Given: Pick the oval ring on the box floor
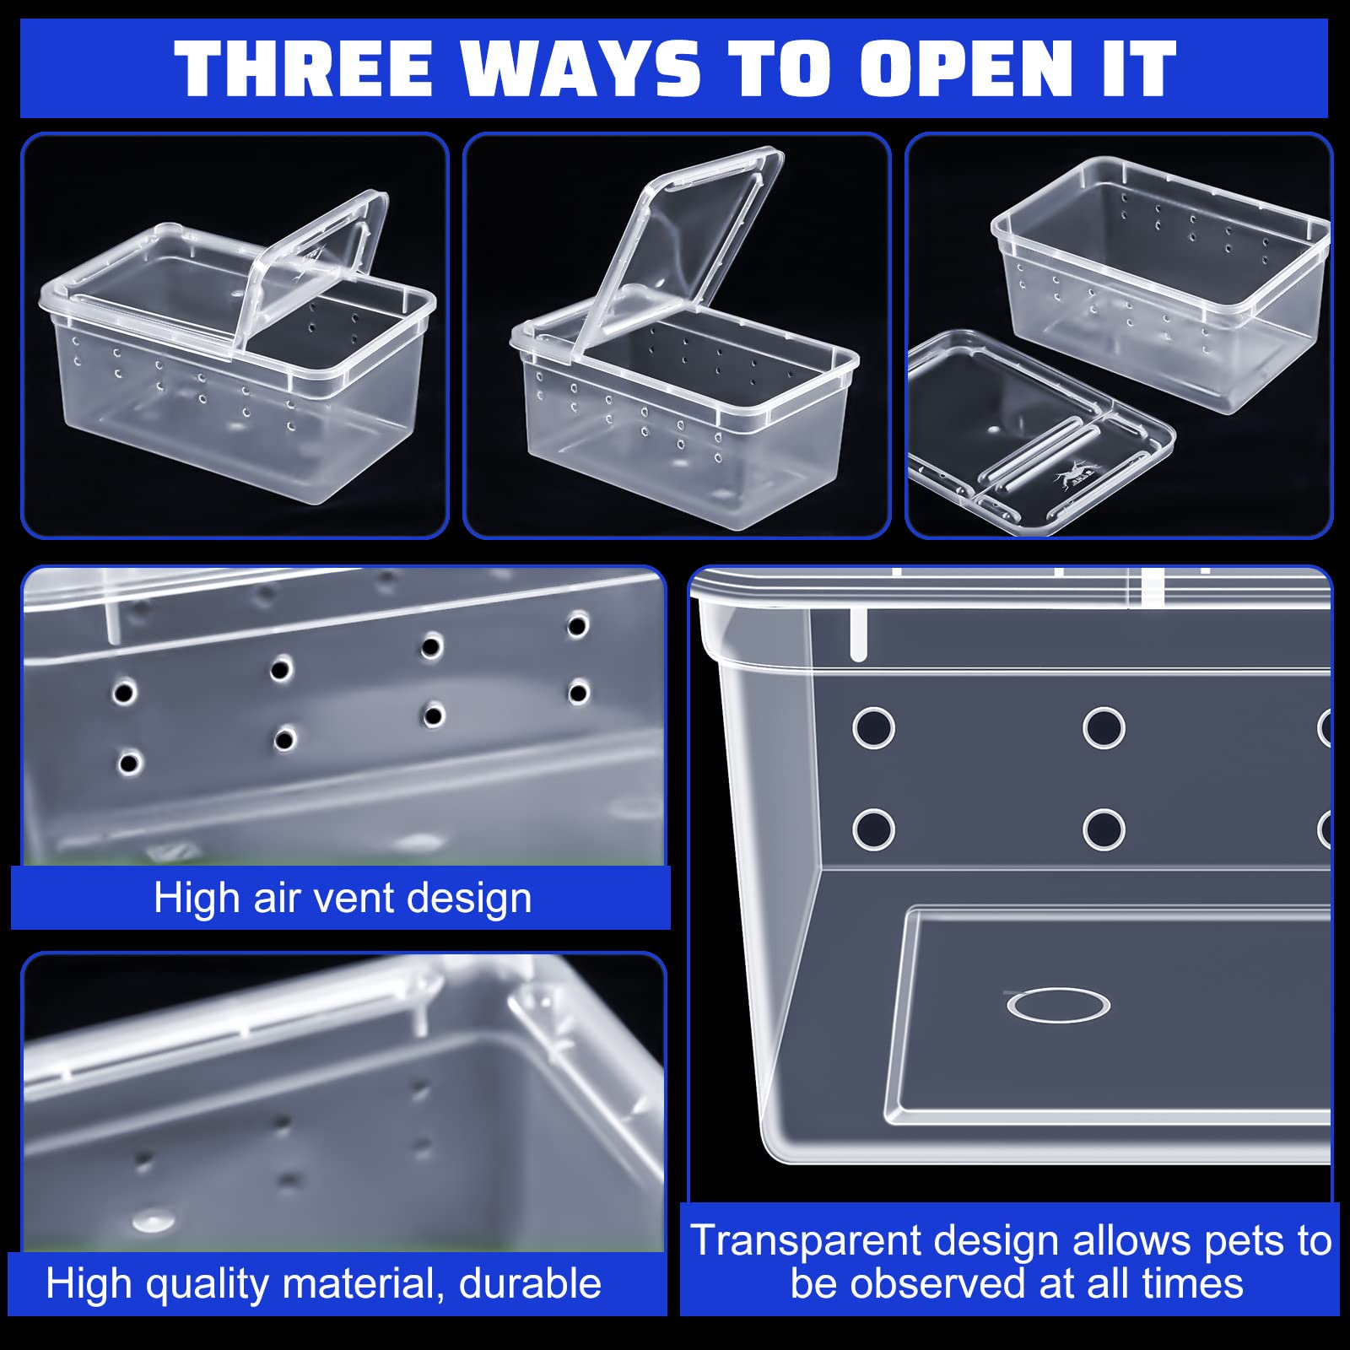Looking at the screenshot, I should pyautogui.click(x=1058, y=1005).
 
